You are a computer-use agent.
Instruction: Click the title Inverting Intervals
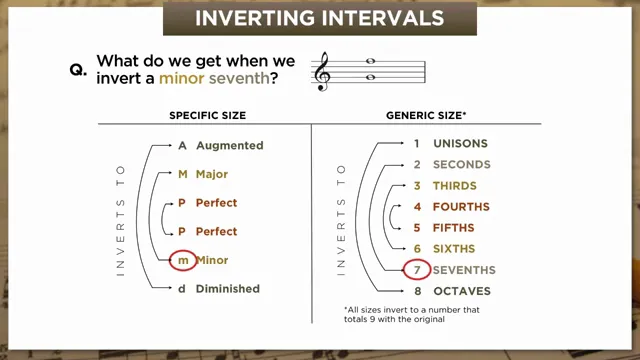tap(319, 18)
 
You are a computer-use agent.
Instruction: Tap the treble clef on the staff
tap(322, 71)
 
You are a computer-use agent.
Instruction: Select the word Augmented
tap(229, 145)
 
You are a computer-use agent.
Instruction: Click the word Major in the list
tap(212, 174)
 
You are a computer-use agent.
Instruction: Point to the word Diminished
tap(228, 289)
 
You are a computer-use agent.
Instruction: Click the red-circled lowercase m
tap(183, 260)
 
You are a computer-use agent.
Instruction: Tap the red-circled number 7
tap(417, 270)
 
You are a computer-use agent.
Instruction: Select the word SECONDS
tap(462, 164)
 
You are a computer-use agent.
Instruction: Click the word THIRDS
tap(455, 186)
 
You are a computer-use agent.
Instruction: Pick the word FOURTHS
tap(461, 207)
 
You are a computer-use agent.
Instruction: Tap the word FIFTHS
tap(454, 227)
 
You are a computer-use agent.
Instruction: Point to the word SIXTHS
tap(454, 248)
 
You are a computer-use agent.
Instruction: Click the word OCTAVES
tap(463, 291)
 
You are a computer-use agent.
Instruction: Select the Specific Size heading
tap(207, 116)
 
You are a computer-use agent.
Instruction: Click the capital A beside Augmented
tap(183, 145)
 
